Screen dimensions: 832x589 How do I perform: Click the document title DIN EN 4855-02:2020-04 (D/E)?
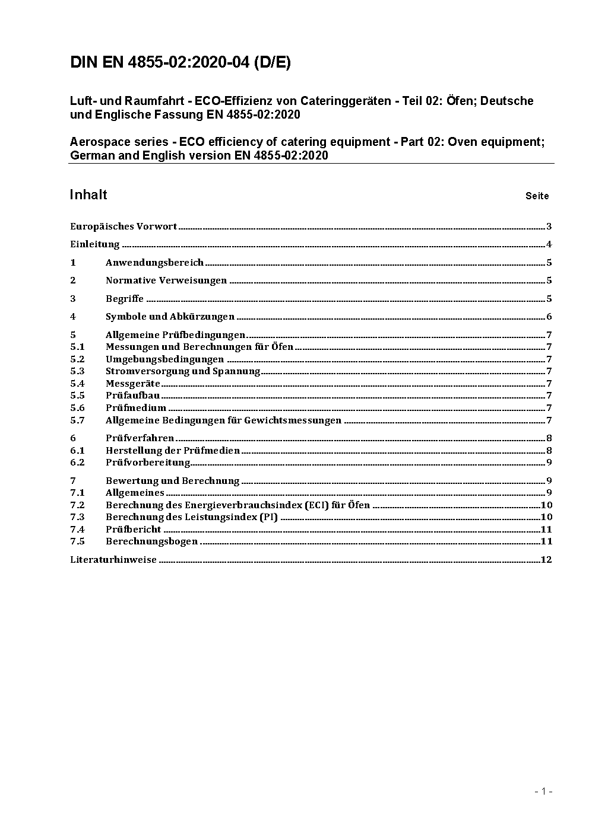point(180,63)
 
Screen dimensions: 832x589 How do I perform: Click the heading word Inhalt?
point(88,195)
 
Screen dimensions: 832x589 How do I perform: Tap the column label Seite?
point(537,196)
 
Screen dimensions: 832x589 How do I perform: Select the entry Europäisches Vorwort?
point(123,226)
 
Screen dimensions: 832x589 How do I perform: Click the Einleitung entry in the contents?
point(95,244)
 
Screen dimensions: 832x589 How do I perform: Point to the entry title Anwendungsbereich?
point(154,262)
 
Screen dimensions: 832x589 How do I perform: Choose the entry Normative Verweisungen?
point(166,280)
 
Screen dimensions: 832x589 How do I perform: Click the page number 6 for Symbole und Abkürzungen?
point(549,317)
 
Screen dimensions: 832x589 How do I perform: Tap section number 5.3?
point(77,371)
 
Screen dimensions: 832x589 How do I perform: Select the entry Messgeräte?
point(133,384)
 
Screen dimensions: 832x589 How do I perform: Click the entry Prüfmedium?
point(136,408)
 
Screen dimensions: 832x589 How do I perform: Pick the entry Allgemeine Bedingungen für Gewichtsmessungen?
point(223,420)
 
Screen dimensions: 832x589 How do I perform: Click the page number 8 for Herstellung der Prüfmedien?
point(549,451)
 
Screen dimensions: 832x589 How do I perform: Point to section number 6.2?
point(77,463)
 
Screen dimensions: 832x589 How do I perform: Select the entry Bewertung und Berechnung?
point(172,481)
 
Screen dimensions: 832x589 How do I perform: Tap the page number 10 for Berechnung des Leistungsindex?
point(546,517)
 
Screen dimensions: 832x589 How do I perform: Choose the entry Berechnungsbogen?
point(151,541)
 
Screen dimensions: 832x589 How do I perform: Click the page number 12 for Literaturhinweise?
point(546,560)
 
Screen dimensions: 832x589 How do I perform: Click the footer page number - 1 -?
point(543,791)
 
